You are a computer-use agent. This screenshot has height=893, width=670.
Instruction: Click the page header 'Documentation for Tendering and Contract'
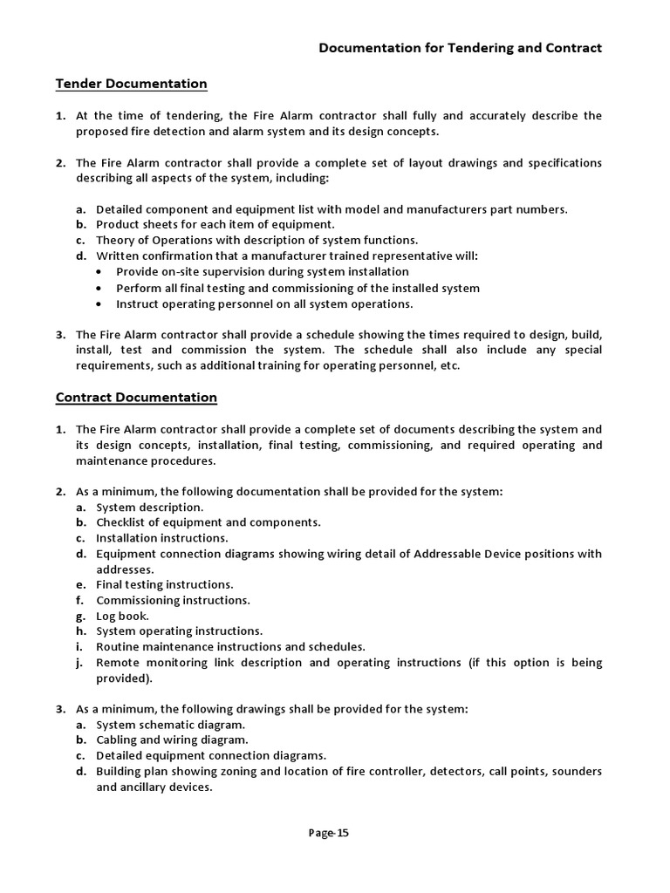(460, 48)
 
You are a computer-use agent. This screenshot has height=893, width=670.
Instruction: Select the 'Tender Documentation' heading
(131, 84)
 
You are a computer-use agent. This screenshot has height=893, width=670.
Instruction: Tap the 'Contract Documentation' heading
(136, 397)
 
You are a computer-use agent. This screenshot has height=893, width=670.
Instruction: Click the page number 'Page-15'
(329, 833)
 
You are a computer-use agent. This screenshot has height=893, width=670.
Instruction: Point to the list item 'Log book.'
(122, 615)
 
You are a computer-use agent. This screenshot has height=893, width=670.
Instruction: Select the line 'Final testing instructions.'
(164, 584)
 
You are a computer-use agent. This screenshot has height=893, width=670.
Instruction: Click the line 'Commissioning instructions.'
(173, 600)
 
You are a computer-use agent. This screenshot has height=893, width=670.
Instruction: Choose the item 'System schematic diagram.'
(170, 725)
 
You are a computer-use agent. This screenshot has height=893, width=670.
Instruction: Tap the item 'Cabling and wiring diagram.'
(172, 740)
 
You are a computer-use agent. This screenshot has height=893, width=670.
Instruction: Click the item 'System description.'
(149, 507)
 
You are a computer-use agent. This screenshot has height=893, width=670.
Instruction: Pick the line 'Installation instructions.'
(161, 538)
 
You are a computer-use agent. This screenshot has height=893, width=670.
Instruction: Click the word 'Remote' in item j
(119, 663)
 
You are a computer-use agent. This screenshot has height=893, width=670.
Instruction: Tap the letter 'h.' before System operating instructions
(80, 631)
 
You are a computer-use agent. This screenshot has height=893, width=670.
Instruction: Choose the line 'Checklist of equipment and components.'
(208, 522)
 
